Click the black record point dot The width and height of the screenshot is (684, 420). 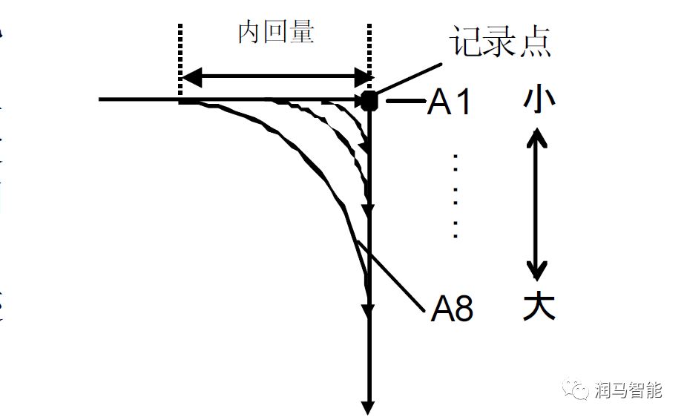point(369,100)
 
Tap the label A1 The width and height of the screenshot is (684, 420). point(449,103)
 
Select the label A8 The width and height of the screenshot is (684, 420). point(452,309)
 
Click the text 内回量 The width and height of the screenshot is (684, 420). point(276,33)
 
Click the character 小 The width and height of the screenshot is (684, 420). point(539,99)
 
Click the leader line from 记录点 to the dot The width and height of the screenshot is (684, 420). point(412,77)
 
